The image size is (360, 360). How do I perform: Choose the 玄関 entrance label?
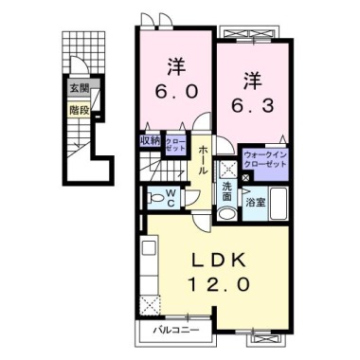click(x=80, y=91)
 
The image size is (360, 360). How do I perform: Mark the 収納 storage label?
click(x=150, y=141)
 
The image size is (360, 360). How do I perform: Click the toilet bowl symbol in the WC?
click(x=153, y=199)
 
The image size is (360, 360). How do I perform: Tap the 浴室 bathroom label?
click(x=255, y=202)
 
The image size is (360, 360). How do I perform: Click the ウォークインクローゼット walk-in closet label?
click(x=264, y=157)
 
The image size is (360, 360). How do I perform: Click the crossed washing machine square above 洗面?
click(x=227, y=169)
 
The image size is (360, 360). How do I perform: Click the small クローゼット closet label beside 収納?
click(x=176, y=144)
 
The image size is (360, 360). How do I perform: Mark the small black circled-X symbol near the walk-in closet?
click(x=245, y=178)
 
